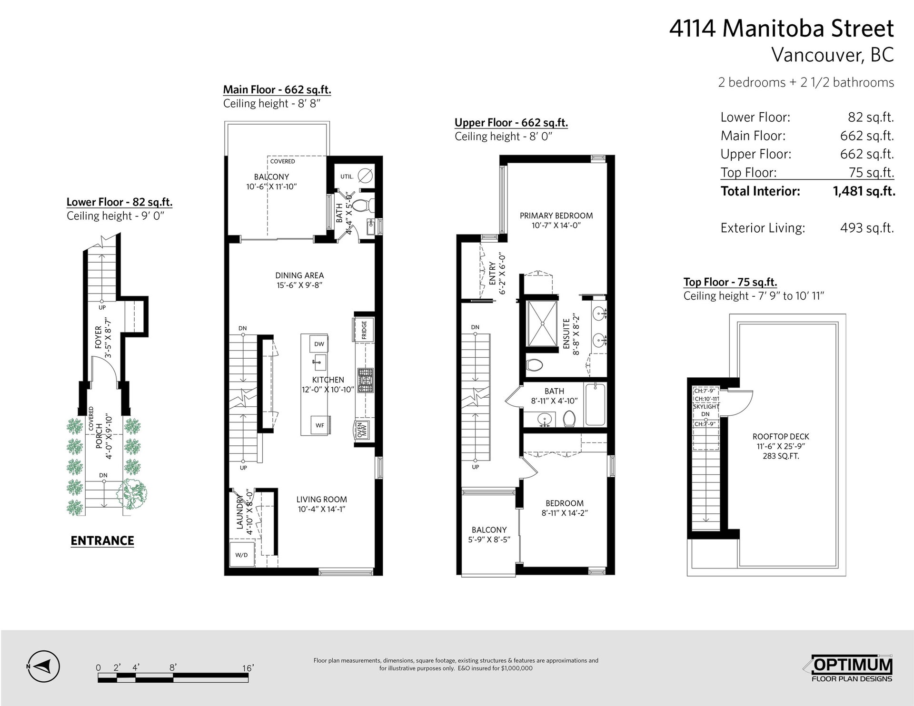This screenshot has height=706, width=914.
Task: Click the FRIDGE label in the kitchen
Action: pos(364,329)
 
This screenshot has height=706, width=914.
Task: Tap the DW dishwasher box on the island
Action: pos(319,344)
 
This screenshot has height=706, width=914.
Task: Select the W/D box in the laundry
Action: pos(241,555)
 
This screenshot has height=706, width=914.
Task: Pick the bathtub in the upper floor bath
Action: pos(595,404)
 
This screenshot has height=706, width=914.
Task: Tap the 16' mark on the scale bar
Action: pos(248,667)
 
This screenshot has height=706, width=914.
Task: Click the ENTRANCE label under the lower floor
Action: pos(102,540)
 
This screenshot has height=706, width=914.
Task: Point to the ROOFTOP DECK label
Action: pos(781,436)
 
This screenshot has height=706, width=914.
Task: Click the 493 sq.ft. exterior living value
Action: pos(867,228)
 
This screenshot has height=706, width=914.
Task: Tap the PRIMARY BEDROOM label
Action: pos(556,216)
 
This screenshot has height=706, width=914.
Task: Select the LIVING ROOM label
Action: pos(322,500)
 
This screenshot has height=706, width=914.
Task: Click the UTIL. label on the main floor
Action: pos(347,176)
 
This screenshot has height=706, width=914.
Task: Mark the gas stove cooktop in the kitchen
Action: pos(366,381)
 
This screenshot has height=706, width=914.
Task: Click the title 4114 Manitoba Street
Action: pos(782,29)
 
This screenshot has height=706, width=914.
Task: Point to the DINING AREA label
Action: pos(299,275)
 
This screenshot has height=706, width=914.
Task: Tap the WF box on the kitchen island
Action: pos(320,425)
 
